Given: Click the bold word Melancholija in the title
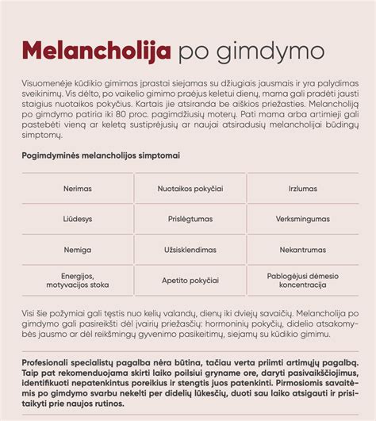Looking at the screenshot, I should click(x=96, y=52).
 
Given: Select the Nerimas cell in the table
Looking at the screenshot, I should click(x=78, y=189).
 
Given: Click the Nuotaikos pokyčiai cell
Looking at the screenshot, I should click(x=190, y=189).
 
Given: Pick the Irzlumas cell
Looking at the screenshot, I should click(x=302, y=189).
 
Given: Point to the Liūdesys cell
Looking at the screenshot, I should click(x=78, y=219).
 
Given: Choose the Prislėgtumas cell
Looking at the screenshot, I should click(x=190, y=219).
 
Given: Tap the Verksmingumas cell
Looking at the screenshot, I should click(x=302, y=219).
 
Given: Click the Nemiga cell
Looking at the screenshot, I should click(x=78, y=250).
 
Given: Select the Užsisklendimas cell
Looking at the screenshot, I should click(x=190, y=250).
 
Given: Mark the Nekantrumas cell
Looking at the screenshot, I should click(x=302, y=250).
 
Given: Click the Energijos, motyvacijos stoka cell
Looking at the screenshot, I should click(x=78, y=280).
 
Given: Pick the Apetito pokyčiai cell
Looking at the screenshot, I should click(x=190, y=281).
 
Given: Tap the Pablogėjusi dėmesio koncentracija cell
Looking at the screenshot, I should click(x=302, y=280).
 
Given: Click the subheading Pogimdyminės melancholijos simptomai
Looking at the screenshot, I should click(x=100, y=155).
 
